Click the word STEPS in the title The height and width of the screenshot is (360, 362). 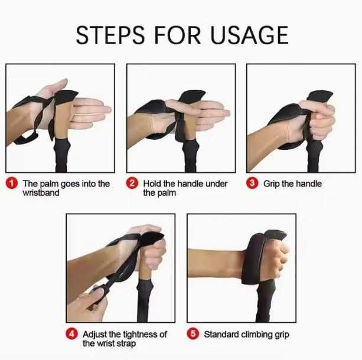110,35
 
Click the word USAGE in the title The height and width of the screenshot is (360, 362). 249,35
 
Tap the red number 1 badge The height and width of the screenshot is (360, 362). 12,184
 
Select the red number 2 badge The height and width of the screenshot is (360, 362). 132,183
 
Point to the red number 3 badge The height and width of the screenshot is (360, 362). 252,183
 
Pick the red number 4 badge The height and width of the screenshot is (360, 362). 72,334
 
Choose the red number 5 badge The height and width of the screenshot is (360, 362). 193,334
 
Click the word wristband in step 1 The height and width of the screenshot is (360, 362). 41,193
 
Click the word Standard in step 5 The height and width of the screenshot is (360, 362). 221,335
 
